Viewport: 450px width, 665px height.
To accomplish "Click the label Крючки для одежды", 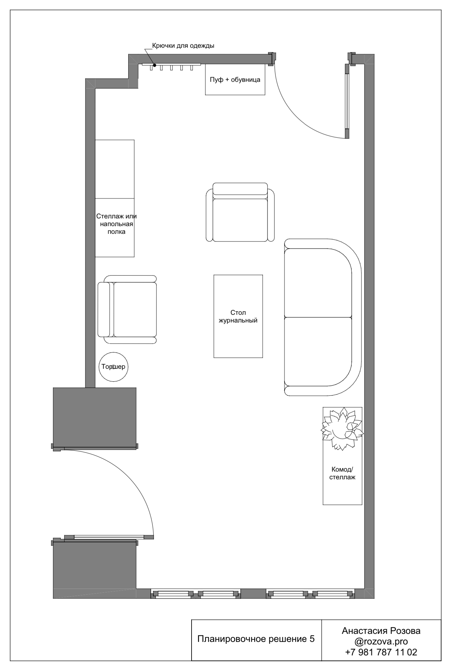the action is pyautogui.click(x=183, y=46).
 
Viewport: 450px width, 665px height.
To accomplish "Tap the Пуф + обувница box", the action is pyautogui.click(x=235, y=80).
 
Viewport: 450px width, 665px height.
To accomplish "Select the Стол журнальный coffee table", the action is pyautogui.click(x=238, y=316).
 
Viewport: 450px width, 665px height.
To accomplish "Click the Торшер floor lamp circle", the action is pyautogui.click(x=113, y=381).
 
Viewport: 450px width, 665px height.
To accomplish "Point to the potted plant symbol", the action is pyautogui.click(x=342, y=429).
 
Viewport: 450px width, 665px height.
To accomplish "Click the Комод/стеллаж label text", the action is pyautogui.click(x=342, y=473).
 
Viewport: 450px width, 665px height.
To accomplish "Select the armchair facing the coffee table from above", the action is pyautogui.click(x=240, y=212).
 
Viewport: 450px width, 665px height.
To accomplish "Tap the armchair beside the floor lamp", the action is pyautogui.click(x=127, y=309).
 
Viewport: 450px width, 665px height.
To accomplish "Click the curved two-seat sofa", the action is pyautogui.click(x=323, y=317).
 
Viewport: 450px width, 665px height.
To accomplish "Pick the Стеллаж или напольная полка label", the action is pyautogui.click(x=116, y=224).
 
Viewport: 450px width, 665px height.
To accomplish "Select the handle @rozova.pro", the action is pyautogui.click(x=381, y=641).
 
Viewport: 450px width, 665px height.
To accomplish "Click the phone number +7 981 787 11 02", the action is pyautogui.click(x=381, y=652).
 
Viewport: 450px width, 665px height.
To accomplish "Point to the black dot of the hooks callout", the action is pyautogui.click(x=155, y=65).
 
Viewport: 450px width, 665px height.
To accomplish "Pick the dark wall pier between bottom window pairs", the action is pyautogui.click(x=253, y=594).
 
